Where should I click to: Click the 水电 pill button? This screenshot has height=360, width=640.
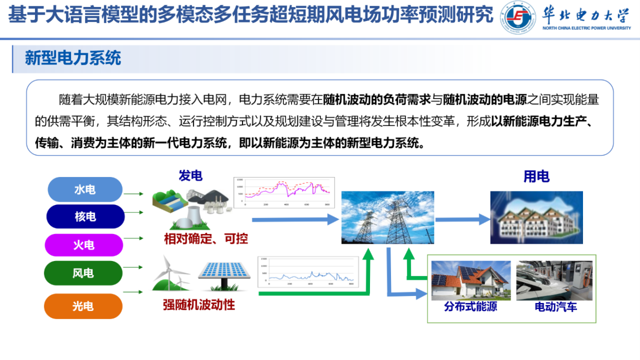(x=85, y=189)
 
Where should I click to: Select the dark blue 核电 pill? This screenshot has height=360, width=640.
(x=85, y=217)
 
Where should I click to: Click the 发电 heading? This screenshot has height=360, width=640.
(x=190, y=175)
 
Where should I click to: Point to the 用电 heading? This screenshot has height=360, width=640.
(x=536, y=176)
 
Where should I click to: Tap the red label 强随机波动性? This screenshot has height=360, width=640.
(x=199, y=305)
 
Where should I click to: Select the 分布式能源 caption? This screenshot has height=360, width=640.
(x=470, y=307)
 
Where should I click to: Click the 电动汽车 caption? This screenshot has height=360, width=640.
(x=556, y=307)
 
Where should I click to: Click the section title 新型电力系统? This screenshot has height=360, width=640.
(x=73, y=58)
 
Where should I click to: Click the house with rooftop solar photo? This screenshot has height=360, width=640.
(x=471, y=280)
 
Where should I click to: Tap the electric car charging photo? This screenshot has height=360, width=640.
(x=556, y=280)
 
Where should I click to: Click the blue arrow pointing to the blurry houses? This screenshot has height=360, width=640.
(x=463, y=219)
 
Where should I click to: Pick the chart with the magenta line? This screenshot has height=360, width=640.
(x=285, y=192)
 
